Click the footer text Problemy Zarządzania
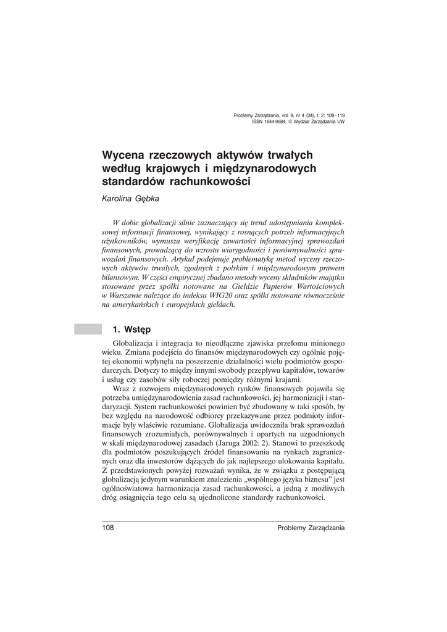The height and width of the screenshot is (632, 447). click(x=311, y=528)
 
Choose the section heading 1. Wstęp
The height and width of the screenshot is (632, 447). click(x=132, y=328)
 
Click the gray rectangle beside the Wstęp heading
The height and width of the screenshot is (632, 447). click(x=87, y=328)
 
